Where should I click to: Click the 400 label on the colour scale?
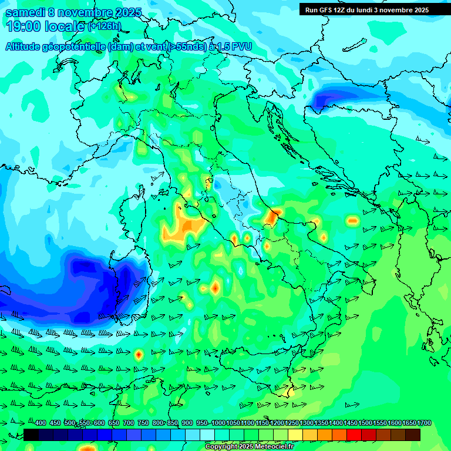pyautogui.click(x=41, y=423)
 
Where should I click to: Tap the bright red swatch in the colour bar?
pyautogui.click(x=354, y=435)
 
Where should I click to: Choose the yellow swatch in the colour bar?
pyautogui.click(x=295, y=435)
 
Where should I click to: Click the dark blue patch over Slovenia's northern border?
pyautogui.click(x=329, y=99)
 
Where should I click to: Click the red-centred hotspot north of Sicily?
pyautogui.click(x=215, y=288)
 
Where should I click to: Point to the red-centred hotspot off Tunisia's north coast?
pyautogui.click(x=139, y=354)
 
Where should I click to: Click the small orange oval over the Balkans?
pyautogui.click(x=352, y=221)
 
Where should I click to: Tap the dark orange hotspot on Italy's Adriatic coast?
pyautogui.click(x=271, y=217)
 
